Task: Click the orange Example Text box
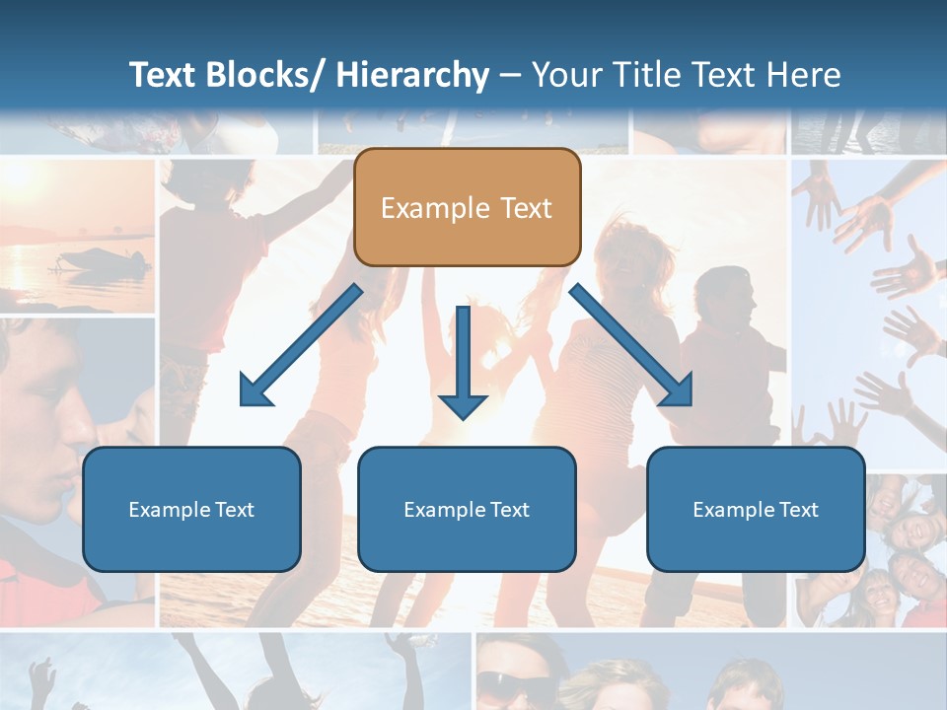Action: (467, 207)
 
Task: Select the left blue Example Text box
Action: (191, 509)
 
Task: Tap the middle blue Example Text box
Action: (467, 509)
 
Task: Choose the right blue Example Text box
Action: (756, 509)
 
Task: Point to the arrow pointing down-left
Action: (301, 345)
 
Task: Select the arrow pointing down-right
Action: (631, 345)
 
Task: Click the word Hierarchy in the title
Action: (412, 75)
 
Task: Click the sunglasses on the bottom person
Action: (515, 681)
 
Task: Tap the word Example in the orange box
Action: (435, 208)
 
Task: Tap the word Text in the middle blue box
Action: (508, 510)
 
